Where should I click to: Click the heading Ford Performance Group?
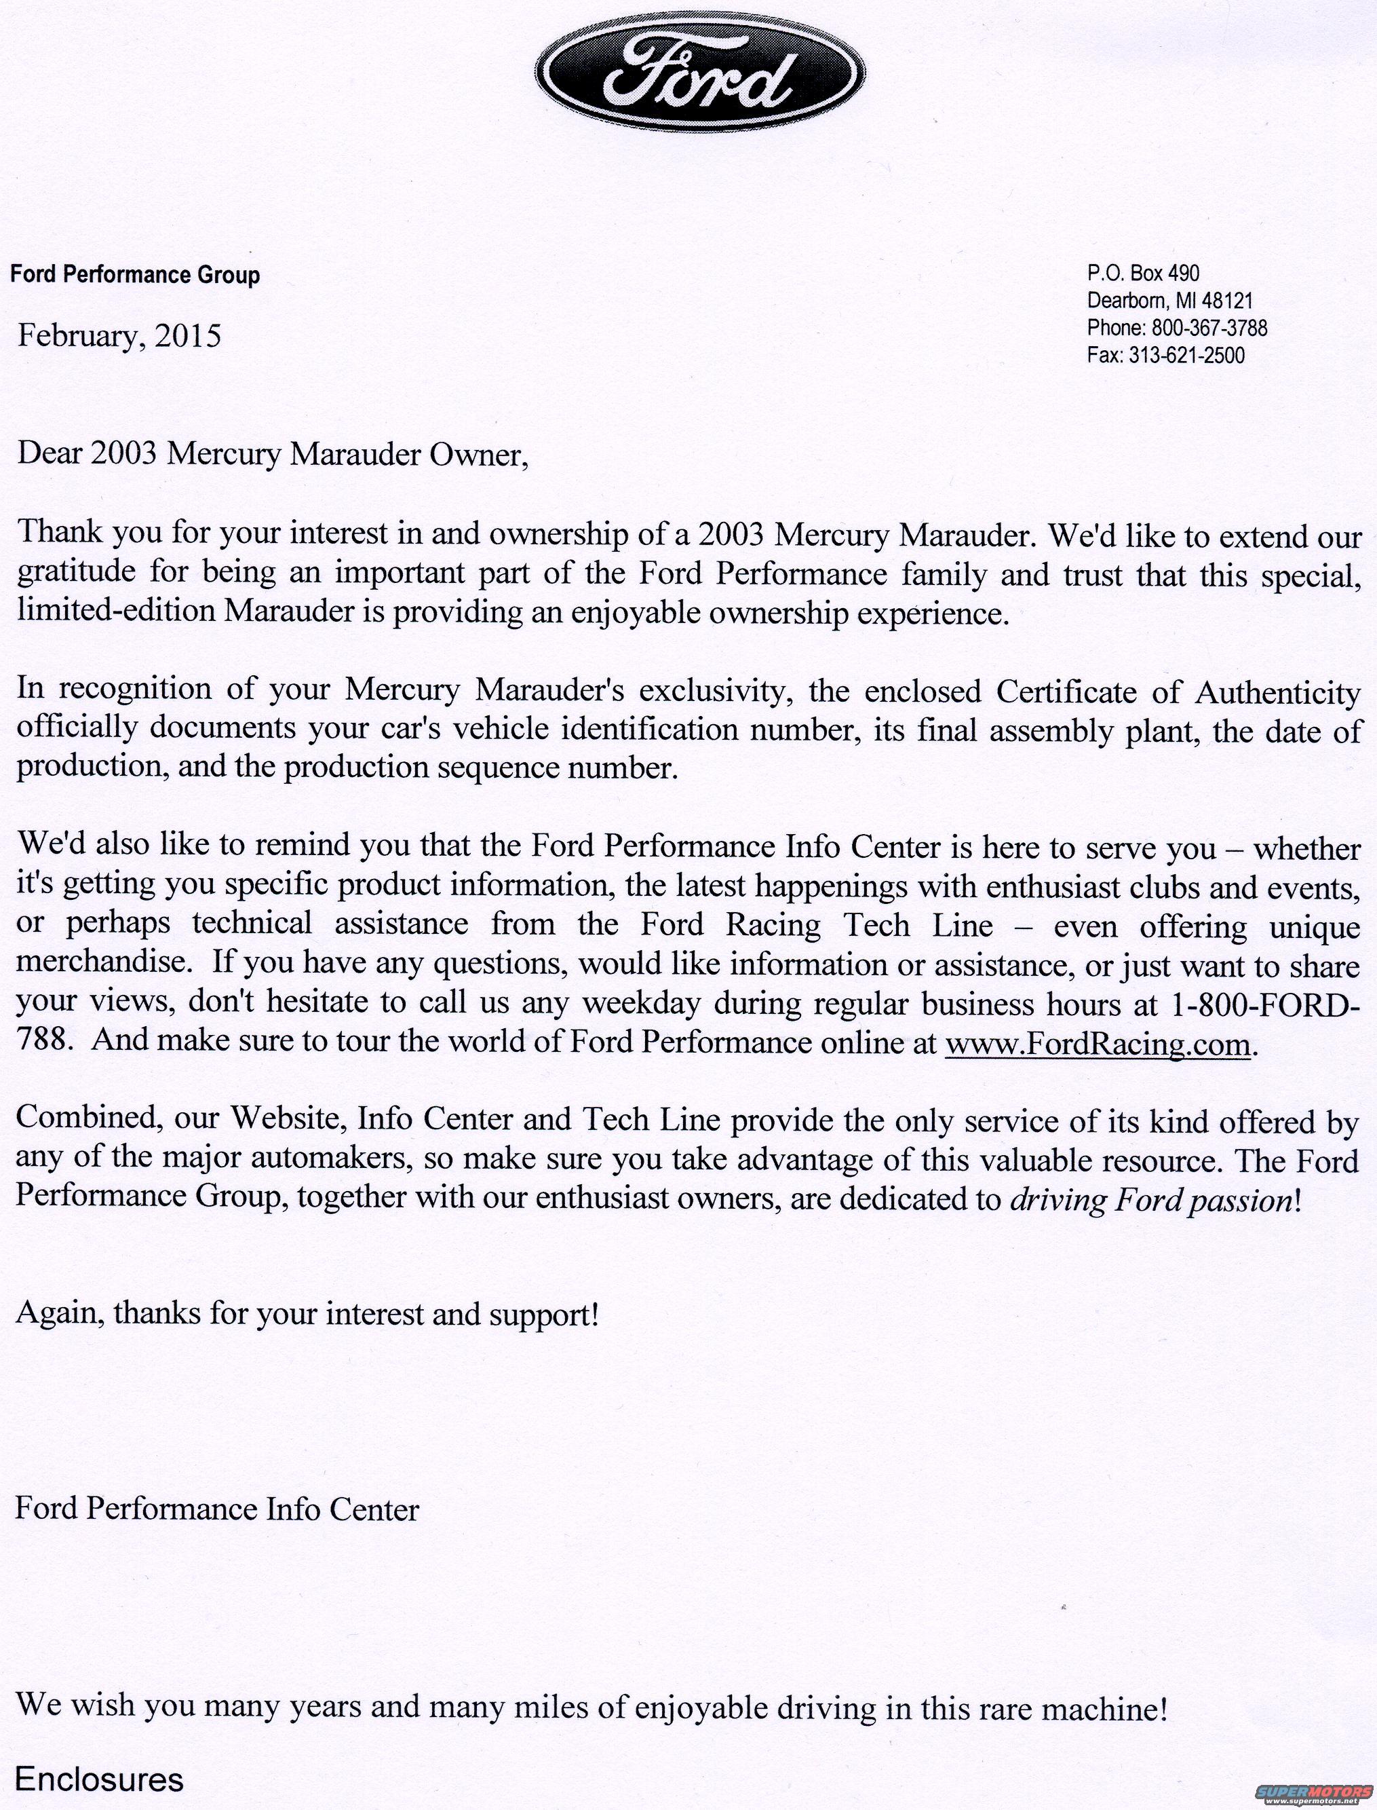tap(134, 275)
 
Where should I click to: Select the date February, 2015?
tap(119, 336)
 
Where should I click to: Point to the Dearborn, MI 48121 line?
tap(1169, 300)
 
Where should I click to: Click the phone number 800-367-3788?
tap(1209, 328)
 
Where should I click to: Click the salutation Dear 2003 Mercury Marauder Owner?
tap(270, 454)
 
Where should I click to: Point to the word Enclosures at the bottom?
tap(99, 1773)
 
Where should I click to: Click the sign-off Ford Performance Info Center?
tap(217, 1510)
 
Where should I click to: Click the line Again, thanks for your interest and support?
tap(307, 1314)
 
